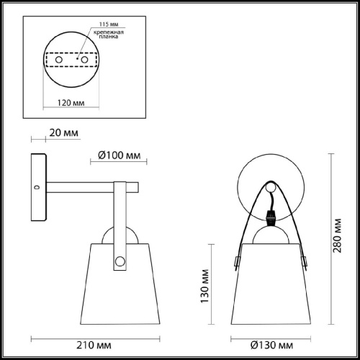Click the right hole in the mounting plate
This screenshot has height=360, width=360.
pyautogui.click(x=84, y=61)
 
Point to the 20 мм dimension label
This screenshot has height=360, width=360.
pyautogui.click(x=64, y=133)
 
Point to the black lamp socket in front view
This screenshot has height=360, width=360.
pyautogui.click(x=270, y=214)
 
